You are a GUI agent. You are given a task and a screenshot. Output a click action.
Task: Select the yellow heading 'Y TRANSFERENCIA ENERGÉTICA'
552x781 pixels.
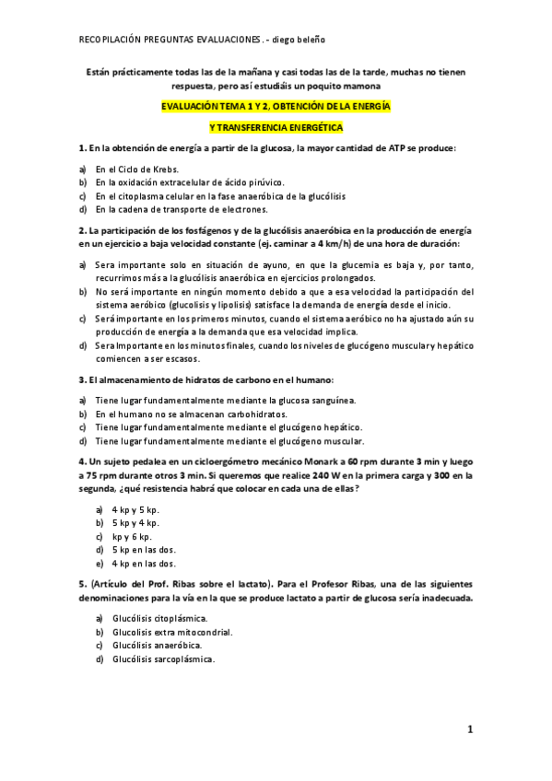click(276, 126)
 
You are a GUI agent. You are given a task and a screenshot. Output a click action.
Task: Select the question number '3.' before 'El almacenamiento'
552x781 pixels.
click(83, 380)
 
